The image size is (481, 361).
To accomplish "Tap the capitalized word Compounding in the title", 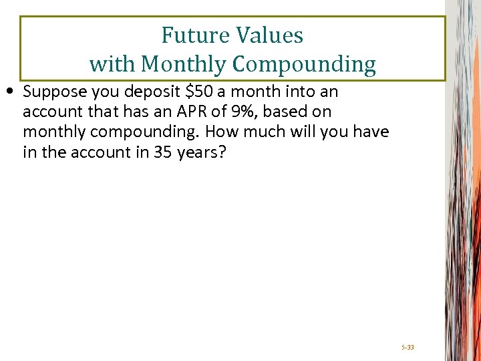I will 305,64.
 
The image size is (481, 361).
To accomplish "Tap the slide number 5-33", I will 408,348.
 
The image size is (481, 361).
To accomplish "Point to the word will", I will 298,132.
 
